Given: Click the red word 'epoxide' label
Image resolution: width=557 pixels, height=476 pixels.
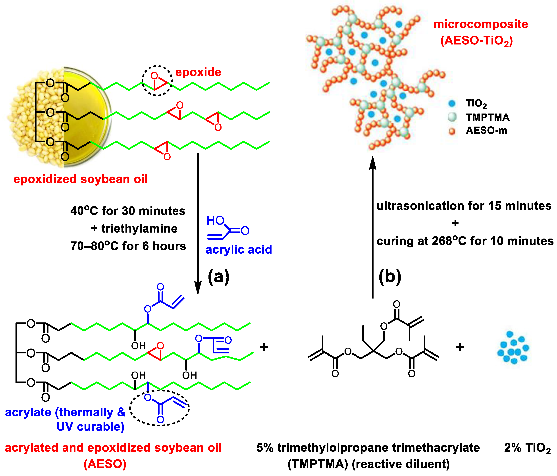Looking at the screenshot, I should click(x=198, y=72).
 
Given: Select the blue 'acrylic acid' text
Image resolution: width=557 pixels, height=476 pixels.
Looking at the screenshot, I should click(x=239, y=250).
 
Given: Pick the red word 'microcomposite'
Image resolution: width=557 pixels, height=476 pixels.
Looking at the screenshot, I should click(x=481, y=24).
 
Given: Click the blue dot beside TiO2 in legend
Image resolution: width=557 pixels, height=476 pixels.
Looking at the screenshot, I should click(x=452, y=103).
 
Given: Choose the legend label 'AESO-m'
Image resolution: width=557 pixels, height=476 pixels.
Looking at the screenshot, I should click(x=486, y=131).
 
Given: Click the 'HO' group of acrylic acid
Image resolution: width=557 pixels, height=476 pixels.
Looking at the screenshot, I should click(x=215, y=221).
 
